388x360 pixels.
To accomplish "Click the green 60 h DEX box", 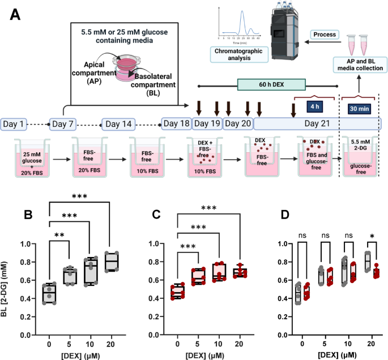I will point(271,85).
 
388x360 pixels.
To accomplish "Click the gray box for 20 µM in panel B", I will point(114,262).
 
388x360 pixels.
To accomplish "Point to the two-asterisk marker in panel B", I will point(59,234).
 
